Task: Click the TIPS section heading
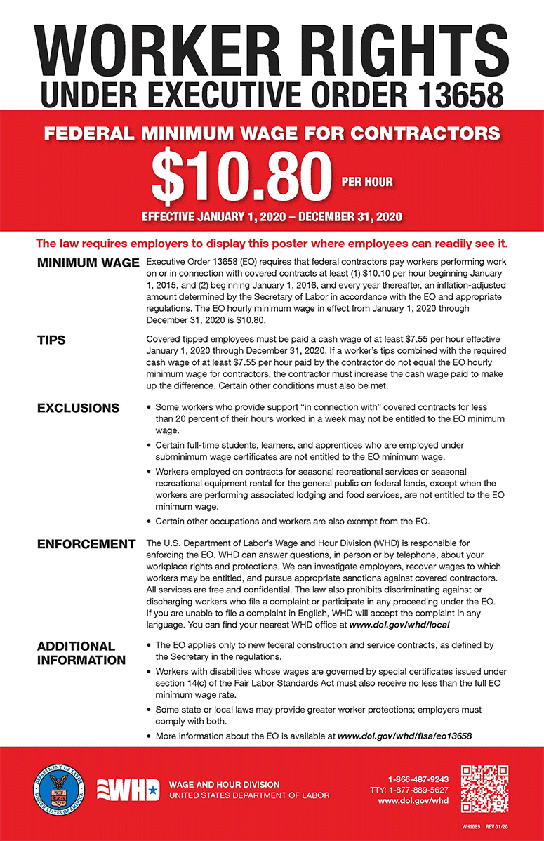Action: click(51, 340)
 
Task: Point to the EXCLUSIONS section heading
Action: click(78, 408)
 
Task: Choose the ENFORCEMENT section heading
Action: click(86, 544)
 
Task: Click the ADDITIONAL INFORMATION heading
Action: click(81, 653)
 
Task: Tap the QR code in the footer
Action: click(484, 788)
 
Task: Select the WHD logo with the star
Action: click(127, 790)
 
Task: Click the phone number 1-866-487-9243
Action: click(418, 779)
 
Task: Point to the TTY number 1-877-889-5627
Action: click(418, 790)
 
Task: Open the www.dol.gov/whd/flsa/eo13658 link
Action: click(404, 736)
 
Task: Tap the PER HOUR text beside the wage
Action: click(367, 182)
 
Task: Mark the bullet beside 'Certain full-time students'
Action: click(148, 446)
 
